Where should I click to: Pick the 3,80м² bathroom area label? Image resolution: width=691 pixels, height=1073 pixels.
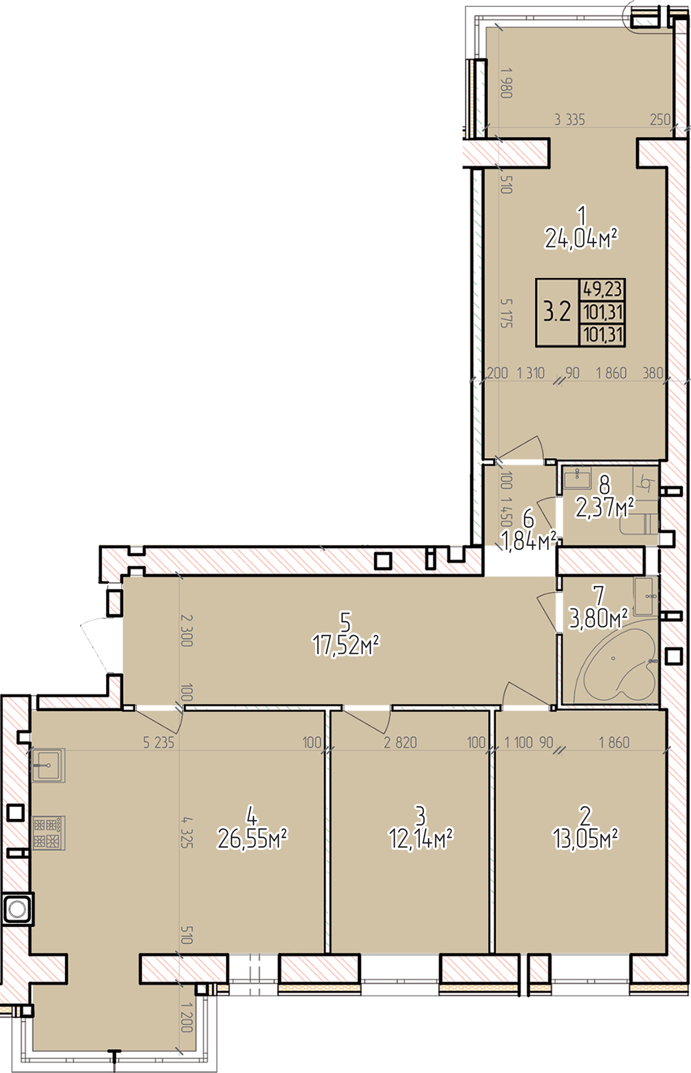(x=598, y=619)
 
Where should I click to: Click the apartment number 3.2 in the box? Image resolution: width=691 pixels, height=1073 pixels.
(x=557, y=311)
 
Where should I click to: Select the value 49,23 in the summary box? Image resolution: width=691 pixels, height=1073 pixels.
(x=602, y=289)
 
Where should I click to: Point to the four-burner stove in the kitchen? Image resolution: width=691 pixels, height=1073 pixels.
(x=49, y=833)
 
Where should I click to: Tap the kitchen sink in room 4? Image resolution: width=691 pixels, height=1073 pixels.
(x=49, y=766)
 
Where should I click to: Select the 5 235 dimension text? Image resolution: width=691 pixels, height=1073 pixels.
(x=159, y=742)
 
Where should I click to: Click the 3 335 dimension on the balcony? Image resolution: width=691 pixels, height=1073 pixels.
(x=570, y=119)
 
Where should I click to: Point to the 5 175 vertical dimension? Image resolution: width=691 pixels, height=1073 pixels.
(x=506, y=314)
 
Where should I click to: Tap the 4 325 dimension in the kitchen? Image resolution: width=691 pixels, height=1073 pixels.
(x=187, y=831)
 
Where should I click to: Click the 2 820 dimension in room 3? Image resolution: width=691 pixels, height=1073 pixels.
(x=400, y=742)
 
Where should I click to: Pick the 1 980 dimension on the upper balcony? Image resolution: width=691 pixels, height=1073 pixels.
(x=506, y=83)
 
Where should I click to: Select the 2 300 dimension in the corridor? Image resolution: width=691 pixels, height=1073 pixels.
(x=187, y=631)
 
